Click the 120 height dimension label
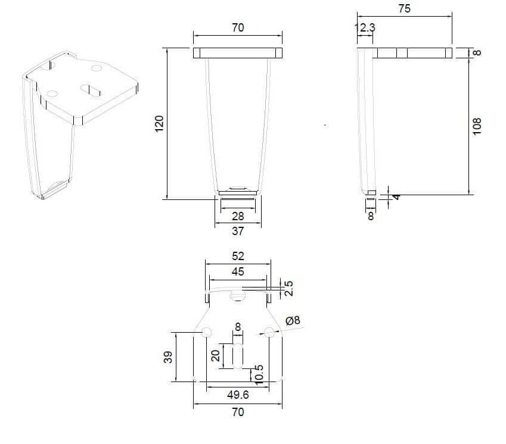[159, 124]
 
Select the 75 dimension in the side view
[404, 8]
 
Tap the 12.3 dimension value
[365, 28]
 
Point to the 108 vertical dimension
[476, 126]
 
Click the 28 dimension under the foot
[238, 216]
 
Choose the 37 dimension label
[238, 231]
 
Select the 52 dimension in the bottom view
[238, 256]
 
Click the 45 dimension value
[238, 271]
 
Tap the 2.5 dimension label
[288, 288]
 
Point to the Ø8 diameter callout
[293, 320]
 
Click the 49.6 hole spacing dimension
[238, 395]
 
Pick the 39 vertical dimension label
[168, 357]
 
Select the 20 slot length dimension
[215, 356]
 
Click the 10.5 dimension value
[259, 374]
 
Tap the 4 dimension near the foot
[396, 196]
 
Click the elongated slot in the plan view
[238, 356]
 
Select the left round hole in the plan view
[207, 332]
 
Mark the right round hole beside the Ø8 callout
[269, 332]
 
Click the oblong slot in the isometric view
[91, 90]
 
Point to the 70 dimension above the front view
[238, 28]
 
